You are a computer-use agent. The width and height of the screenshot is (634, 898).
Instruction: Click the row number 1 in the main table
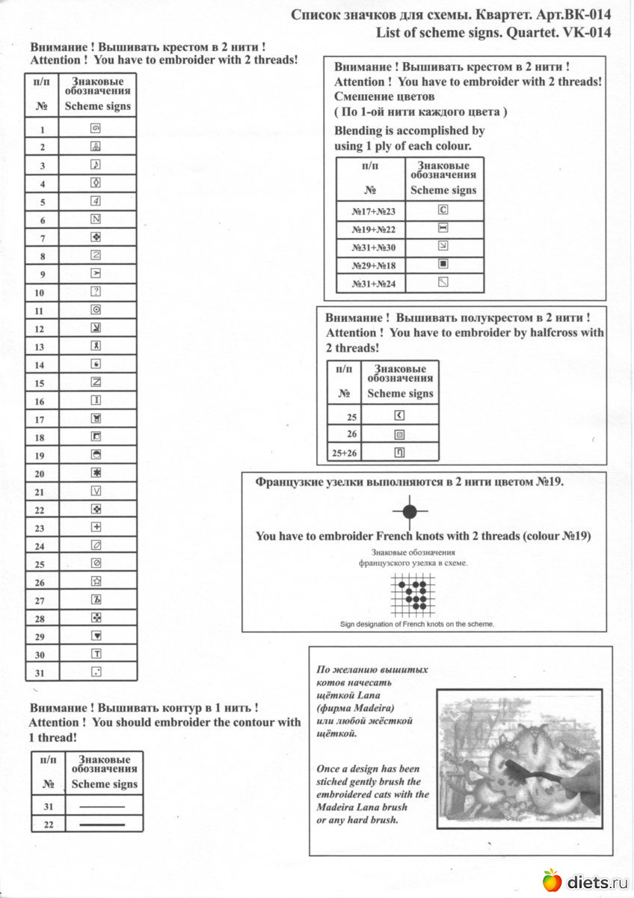(42, 129)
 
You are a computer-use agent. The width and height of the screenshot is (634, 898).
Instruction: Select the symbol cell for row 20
(96, 473)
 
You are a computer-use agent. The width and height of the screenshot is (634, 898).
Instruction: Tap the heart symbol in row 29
(96, 635)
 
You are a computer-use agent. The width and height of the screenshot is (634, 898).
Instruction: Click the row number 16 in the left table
(40, 402)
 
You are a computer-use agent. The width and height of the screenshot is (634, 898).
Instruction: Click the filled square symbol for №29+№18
(443, 264)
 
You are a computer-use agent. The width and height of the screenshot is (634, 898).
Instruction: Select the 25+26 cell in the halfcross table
(343, 453)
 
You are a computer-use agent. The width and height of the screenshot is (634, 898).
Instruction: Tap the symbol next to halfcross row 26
(399, 434)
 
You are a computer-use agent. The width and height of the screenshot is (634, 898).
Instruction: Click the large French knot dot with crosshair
(409, 512)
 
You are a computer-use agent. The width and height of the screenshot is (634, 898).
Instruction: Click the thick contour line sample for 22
(102, 823)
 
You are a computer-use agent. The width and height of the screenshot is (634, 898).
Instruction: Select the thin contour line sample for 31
(102, 806)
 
